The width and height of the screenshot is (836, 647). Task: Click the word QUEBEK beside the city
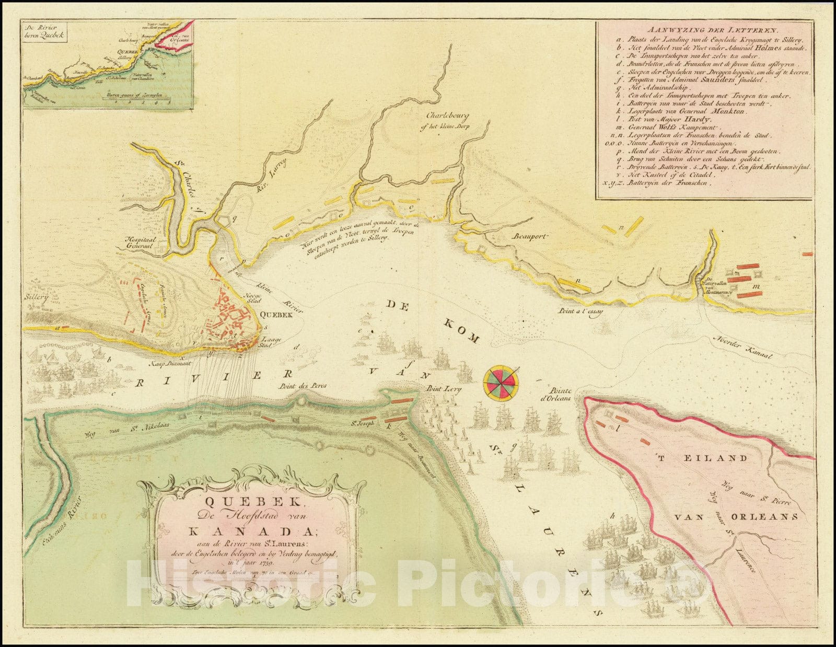(274, 315)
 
